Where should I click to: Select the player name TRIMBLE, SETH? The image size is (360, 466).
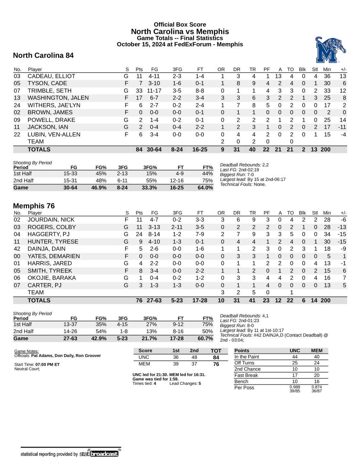pyautogui.click(x=50, y=91)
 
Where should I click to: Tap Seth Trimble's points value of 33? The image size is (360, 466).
pyautogui.click(x=139, y=91)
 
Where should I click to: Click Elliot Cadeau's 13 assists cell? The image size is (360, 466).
pyautogui.click(x=278, y=76)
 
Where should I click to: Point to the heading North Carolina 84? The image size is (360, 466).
pyautogui.click(x=43, y=55)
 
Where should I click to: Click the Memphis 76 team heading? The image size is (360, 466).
pyautogui.click(x=34, y=206)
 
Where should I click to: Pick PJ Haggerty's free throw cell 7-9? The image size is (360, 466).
pyautogui.click(x=200, y=234)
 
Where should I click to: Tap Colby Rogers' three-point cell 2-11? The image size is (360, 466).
pyautogui.click(x=177, y=227)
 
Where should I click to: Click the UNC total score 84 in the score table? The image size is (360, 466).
pyautogui.click(x=216, y=357)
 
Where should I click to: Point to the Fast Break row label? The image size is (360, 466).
pyautogui.click(x=246, y=375)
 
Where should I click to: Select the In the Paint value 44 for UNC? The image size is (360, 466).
pyautogui.click(x=295, y=357)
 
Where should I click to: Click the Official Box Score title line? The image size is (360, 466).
pyautogui.click(x=180, y=24)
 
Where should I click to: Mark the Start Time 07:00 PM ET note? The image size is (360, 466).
pyautogui.click(x=37, y=364)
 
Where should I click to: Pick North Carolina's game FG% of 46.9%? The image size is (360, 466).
pyautogui.click(x=99, y=188)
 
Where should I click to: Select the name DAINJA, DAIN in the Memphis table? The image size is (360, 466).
pyautogui.click(x=46, y=249)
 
